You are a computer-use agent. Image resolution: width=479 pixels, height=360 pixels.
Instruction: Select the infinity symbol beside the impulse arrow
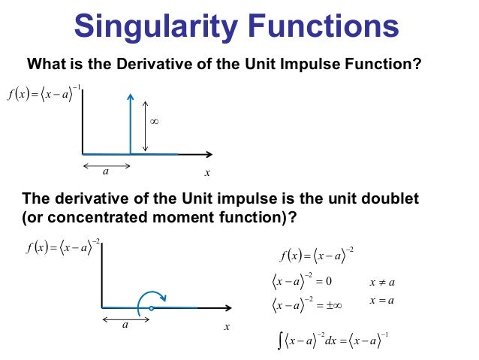155,121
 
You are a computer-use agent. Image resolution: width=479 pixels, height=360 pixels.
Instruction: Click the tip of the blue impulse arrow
130,94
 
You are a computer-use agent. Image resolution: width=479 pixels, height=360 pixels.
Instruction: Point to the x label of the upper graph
207,173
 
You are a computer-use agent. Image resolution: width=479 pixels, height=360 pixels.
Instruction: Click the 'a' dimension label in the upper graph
105,172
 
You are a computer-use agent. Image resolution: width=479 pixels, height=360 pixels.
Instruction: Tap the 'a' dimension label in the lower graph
125,326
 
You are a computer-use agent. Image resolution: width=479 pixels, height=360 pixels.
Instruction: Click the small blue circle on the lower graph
152,308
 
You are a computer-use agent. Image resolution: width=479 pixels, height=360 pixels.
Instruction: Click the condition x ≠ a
382,283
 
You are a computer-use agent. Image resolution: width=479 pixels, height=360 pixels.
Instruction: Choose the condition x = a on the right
382,301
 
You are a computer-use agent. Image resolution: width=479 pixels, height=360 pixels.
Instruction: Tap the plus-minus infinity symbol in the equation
333,306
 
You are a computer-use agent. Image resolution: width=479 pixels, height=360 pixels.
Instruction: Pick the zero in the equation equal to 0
329,282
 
